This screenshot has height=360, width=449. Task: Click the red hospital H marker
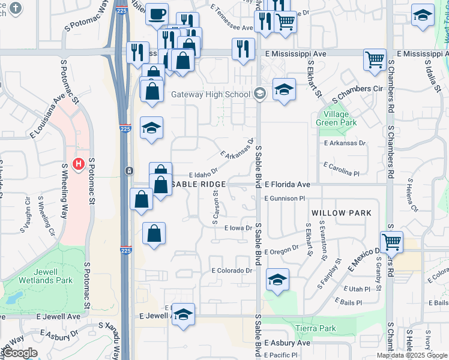click(x=78, y=163)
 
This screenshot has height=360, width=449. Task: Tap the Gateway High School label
click(x=210, y=95)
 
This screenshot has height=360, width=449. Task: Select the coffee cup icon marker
click(x=157, y=14)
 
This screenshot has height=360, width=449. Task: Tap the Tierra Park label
click(x=316, y=328)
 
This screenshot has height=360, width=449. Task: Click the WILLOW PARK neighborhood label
click(x=342, y=213)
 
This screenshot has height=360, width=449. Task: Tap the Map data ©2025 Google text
click(x=412, y=355)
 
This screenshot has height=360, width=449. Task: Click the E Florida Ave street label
click(x=287, y=184)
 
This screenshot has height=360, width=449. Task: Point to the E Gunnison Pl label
click(x=285, y=198)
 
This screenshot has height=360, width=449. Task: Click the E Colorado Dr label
click(x=231, y=271)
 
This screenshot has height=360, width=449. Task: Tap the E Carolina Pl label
click(x=341, y=169)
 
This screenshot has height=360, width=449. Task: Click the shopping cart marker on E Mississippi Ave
click(x=375, y=59)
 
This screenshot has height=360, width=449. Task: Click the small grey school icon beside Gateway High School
click(x=259, y=94)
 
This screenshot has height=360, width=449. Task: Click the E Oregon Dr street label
click(x=285, y=249)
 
